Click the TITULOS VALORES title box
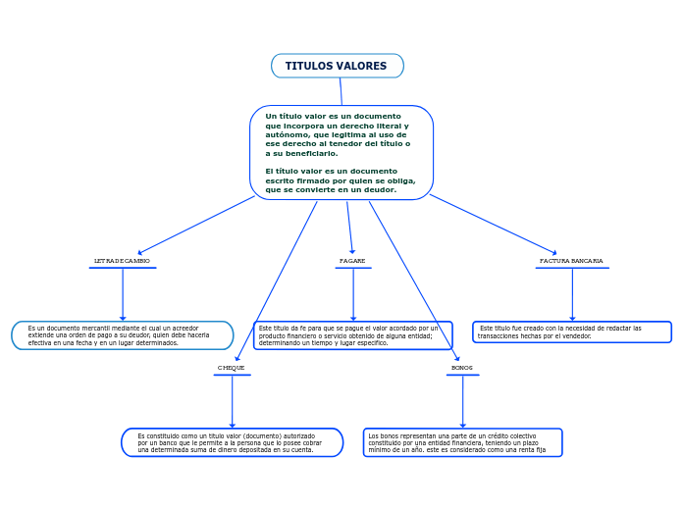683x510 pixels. [337, 66]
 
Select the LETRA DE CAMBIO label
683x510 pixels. [122, 261]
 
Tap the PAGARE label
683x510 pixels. [352, 261]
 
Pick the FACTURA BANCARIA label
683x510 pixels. [571, 261]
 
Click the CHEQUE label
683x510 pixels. [232, 368]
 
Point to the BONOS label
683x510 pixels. [462, 368]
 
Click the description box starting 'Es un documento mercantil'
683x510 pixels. [123, 335]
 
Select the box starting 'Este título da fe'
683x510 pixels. [353, 335]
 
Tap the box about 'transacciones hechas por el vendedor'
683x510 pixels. [572, 331]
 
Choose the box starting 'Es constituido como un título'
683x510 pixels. [233, 442]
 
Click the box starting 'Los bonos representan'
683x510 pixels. [462, 442]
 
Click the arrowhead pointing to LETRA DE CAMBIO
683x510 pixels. [141, 252]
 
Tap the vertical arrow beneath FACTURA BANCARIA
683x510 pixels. [572, 293]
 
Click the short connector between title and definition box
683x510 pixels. [341, 91]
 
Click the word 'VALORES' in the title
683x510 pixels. [361, 66]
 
